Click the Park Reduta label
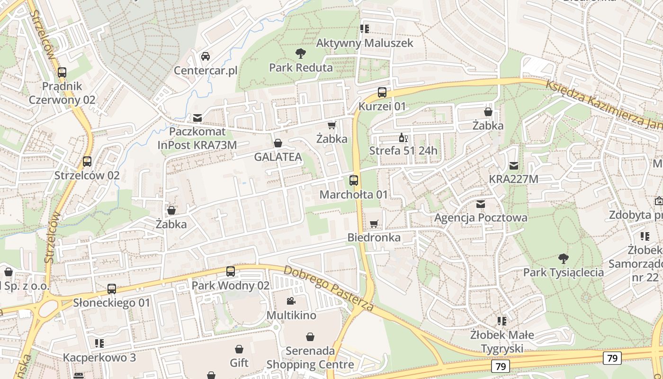[301, 68]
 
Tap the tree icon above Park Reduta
[300, 53]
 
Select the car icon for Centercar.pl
[206, 56]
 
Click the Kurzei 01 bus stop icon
[382, 92]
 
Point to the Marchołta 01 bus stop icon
[354, 180]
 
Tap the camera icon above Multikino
[291, 301]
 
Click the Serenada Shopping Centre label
[310, 358]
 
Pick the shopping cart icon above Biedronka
[374, 224]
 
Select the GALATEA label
[278, 157]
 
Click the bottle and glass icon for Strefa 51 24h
[403, 138]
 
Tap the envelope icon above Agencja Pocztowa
[481, 204]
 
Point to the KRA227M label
[514, 179]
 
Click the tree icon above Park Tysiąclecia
[563, 259]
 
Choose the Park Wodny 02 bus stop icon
[231, 271]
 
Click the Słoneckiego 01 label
[112, 303]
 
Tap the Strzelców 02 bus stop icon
[87, 162]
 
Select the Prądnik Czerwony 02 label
[62, 93]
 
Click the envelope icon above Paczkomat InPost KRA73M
[197, 117]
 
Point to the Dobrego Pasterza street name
[329, 288]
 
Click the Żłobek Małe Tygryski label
[502, 342]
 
